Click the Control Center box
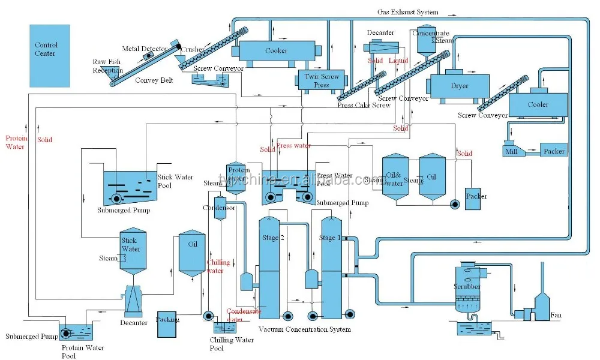coord(50,56)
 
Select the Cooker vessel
coord(275,52)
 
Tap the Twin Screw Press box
coord(321,80)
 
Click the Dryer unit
coord(458,85)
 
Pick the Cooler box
coord(538,105)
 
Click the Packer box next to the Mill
coord(553,151)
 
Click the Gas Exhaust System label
coord(407,11)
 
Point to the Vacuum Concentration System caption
coord(305,329)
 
